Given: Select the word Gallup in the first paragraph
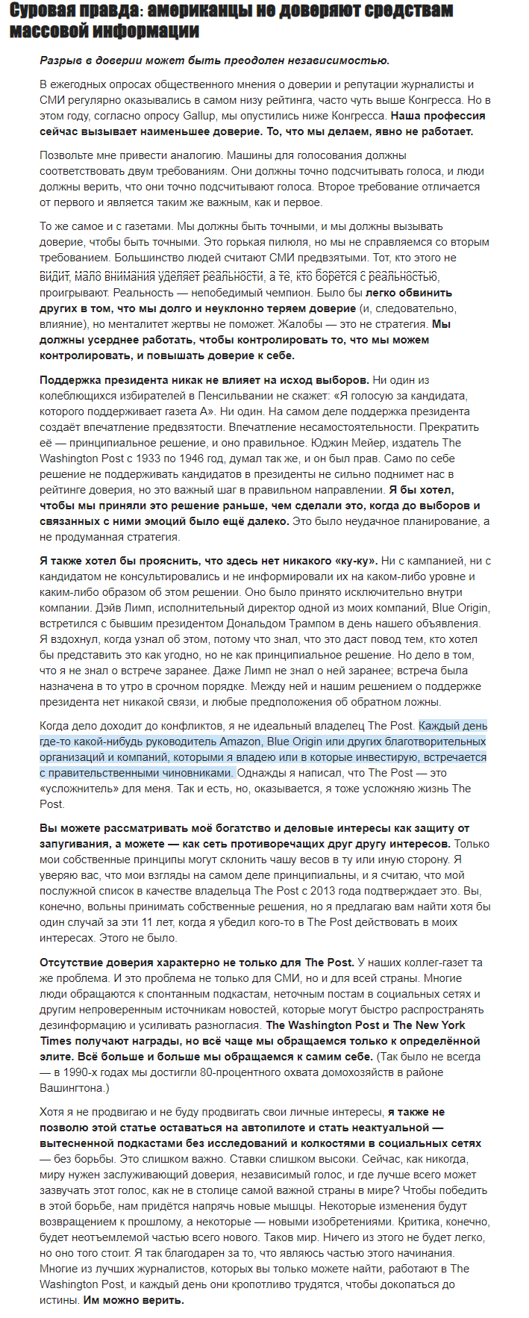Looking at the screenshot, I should click(201, 116).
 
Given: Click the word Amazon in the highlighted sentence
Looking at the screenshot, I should click(240, 742).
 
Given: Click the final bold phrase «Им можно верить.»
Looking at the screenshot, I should click(133, 1300).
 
